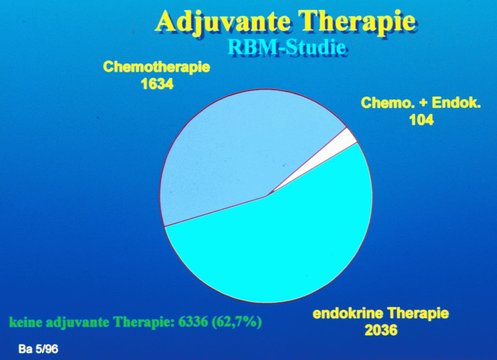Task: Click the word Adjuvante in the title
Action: [x=223, y=22]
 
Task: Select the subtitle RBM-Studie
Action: [x=286, y=47]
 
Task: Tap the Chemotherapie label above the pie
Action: [x=157, y=67]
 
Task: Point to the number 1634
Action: [x=157, y=84]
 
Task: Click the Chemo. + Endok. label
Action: [x=421, y=103]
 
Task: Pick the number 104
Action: [x=421, y=120]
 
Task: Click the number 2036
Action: [x=381, y=330]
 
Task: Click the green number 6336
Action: [x=193, y=322]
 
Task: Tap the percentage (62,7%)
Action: [x=236, y=322]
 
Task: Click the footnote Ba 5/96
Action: [x=38, y=349]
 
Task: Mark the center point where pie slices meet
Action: [x=267, y=196]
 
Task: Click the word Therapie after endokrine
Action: [x=418, y=314]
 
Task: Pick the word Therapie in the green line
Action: [x=144, y=323]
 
